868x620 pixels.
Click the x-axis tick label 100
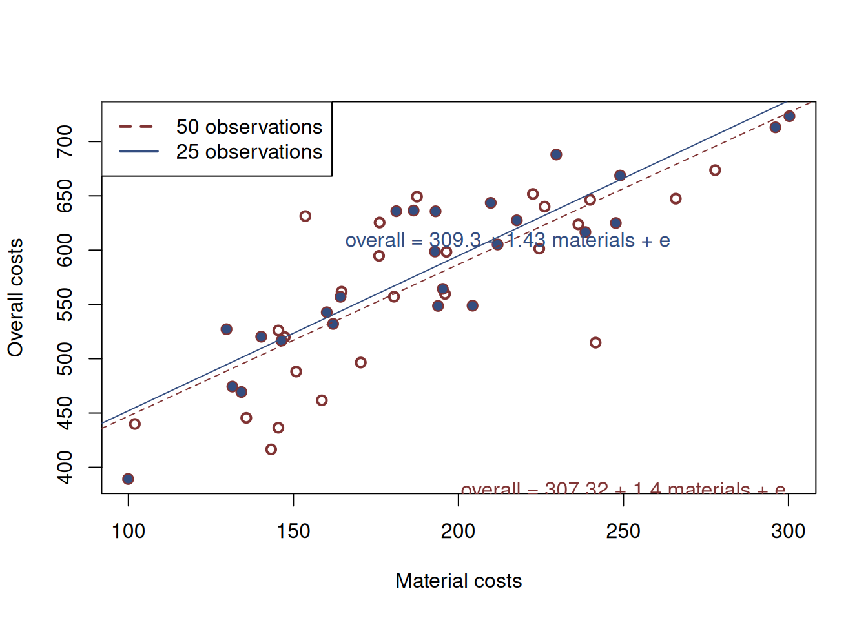[128, 532]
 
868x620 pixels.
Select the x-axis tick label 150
[293, 532]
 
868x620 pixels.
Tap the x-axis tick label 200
[458, 532]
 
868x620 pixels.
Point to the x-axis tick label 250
[623, 532]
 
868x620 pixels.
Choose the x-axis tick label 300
[788, 532]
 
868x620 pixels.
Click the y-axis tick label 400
[65, 467]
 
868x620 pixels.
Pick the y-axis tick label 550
[65, 304]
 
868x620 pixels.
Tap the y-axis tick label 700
[65, 141]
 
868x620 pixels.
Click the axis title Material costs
[459, 581]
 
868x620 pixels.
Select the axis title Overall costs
[15, 298]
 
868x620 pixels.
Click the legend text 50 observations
[249, 127]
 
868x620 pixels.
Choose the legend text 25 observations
[249, 152]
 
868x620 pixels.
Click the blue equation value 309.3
[455, 241]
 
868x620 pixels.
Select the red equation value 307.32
[576, 488]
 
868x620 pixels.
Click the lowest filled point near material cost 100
[128, 479]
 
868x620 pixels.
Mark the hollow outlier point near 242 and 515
[595, 343]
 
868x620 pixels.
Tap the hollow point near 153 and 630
[305, 216]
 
